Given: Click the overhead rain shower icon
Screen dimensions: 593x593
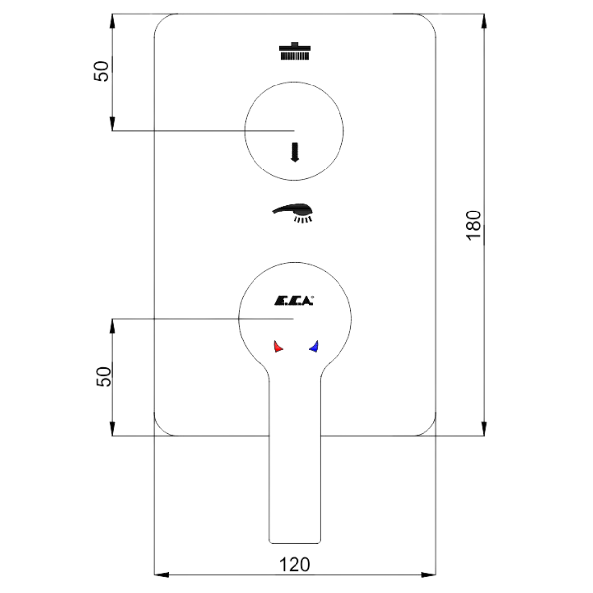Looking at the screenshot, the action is click(295, 51).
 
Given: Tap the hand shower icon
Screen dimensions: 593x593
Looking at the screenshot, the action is click(293, 212).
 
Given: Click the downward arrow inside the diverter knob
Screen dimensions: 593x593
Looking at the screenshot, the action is click(295, 152).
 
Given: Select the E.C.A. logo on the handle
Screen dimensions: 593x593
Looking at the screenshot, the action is click(293, 300).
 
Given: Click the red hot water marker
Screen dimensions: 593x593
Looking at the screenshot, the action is click(278, 346).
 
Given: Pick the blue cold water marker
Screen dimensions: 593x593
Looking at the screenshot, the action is click(314, 346).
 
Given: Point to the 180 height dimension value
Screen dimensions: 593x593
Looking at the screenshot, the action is click(473, 225).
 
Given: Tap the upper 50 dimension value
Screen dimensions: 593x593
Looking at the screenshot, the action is click(101, 71).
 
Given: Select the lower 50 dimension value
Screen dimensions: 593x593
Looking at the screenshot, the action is click(103, 377).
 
